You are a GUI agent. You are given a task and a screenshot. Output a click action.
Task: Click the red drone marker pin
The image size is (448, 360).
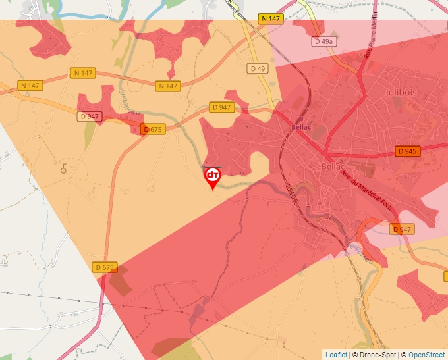[x=212, y=177]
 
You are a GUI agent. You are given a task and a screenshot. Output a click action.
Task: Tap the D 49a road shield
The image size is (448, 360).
[x=323, y=41]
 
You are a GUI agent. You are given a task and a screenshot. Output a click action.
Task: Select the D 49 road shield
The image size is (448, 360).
[x=258, y=68]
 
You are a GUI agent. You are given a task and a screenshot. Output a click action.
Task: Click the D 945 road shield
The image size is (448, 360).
[x=408, y=151]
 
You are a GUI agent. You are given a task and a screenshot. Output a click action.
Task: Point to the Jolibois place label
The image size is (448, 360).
[x=401, y=93]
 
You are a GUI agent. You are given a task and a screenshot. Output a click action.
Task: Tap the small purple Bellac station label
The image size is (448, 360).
[x=301, y=127]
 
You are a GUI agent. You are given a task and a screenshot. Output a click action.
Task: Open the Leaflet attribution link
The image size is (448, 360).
[x=336, y=355]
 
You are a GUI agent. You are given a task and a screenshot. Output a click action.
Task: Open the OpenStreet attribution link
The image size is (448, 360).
[x=426, y=355]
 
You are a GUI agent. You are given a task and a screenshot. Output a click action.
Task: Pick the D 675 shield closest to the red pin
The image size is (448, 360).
[x=152, y=129]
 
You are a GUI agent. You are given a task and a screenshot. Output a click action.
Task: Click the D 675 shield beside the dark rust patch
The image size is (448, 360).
[x=105, y=267]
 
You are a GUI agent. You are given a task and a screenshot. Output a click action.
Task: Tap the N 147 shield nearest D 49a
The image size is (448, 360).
[x=271, y=18]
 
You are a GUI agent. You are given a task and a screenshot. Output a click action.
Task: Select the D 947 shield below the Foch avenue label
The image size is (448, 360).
[x=401, y=229]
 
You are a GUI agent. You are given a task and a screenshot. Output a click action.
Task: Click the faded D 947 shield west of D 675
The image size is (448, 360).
[x=89, y=116]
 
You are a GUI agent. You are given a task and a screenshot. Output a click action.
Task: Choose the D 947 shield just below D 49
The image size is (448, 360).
[x=221, y=107]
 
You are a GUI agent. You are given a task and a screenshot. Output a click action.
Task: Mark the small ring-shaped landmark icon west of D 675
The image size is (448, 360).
[x=64, y=169]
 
